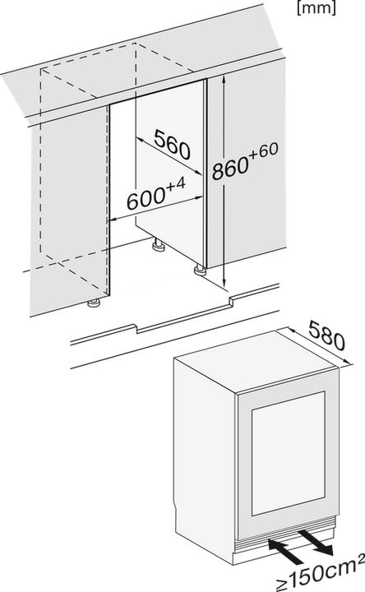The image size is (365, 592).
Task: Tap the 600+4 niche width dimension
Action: (x=153, y=198)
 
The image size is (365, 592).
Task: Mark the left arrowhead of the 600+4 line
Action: (x=112, y=218)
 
